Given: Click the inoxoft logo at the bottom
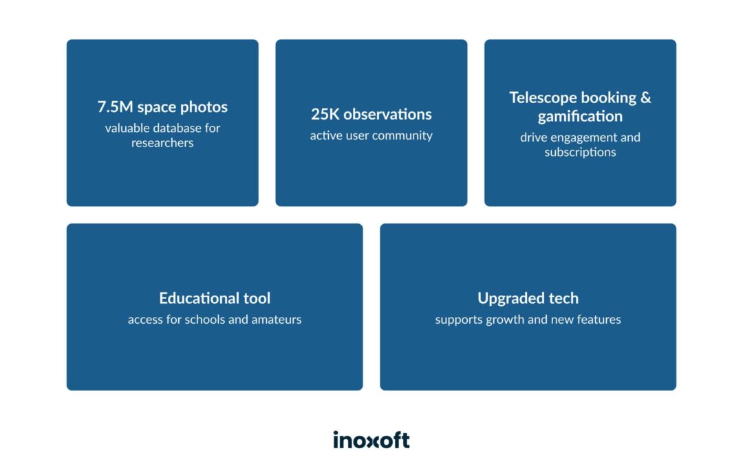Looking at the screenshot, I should [371, 440].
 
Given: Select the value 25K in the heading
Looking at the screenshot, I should [325, 114].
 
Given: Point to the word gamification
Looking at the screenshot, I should [580, 117].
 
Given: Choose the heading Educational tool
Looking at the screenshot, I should [215, 298].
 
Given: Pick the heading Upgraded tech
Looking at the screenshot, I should [528, 298].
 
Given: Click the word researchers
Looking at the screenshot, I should [162, 143].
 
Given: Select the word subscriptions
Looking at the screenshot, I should [580, 153].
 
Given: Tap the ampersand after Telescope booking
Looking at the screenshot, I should [645, 98].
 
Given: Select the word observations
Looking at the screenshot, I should [387, 114].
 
